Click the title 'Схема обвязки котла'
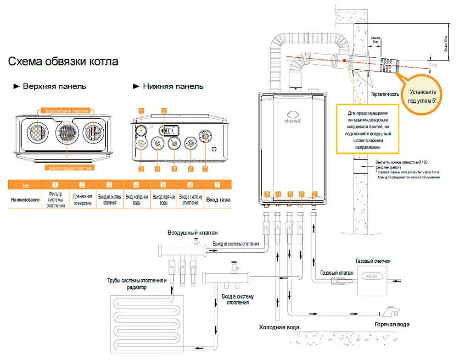click(63, 61)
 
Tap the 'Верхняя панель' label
click(54, 86)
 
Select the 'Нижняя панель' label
click(173, 86)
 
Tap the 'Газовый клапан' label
click(337, 272)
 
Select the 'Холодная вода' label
click(279, 327)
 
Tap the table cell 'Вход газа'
click(218, 200)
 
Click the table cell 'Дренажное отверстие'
click(82, 200)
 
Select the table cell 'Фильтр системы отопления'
click(55, 200)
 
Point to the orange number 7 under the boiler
click(314, 194)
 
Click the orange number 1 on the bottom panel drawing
click(141, 111)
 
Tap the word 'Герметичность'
click(385, 94)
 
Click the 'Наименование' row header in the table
click(25, 200)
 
